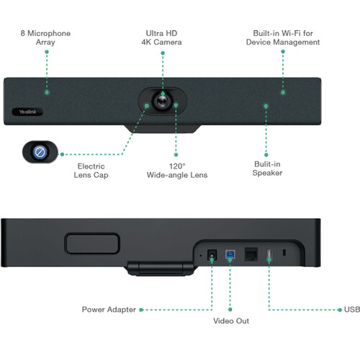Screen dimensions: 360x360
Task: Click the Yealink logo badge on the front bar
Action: click(x=27, y=112)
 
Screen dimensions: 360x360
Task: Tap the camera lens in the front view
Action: click(x=162, y=101)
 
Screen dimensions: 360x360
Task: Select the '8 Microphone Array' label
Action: click(x=45, y=37)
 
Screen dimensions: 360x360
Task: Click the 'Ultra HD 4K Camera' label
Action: click(x=161, y=37)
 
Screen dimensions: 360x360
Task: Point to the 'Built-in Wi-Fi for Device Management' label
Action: click(x=283, y=37)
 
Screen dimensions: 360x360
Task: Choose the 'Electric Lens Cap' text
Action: click(x=91, y=171)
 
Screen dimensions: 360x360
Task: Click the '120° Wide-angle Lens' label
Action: click(x=177, y=171)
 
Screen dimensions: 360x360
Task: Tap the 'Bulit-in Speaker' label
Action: click(x=267, y=168)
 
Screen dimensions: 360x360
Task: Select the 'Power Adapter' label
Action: click(x=109, y=310)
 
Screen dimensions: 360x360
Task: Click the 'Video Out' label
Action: click(x=231, y=321)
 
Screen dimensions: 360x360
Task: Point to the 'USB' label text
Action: click(x=352, y=310)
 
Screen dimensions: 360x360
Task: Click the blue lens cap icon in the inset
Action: click(x=40, y=152)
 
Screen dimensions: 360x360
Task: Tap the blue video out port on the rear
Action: click(x=230, y=254)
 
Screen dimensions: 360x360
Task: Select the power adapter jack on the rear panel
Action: click(x=212, y=255)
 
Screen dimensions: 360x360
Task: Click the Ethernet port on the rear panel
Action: click(x=251, y=254)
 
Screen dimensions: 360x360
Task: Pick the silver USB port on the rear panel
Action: click(x=269, y=255)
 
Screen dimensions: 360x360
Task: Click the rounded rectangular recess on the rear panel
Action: click(x=92, y=243)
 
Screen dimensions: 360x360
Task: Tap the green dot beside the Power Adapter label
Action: click(x=141, y=310)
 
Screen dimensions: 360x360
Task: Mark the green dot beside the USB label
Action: click(x=340, y=310)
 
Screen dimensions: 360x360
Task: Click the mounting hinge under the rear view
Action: click(x=161, y=268)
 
